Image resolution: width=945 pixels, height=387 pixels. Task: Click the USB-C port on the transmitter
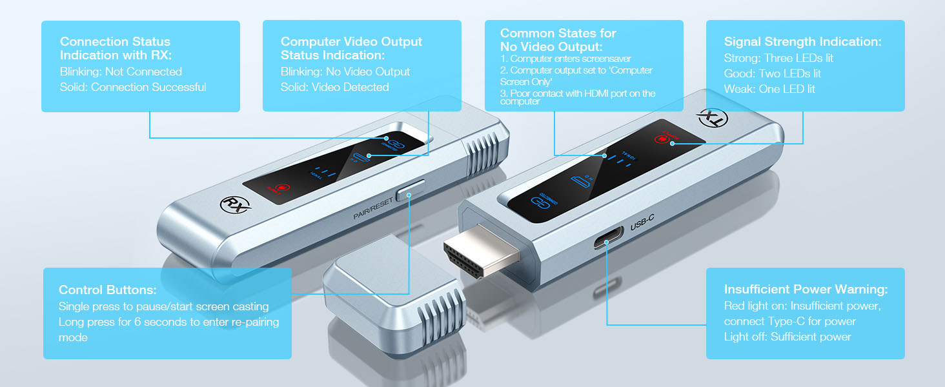607,243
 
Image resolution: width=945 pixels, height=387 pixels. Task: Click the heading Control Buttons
107,290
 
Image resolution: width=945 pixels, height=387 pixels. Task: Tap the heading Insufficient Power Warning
806,289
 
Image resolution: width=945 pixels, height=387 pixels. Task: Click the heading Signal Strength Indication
802,41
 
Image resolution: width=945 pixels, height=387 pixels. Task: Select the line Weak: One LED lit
769,89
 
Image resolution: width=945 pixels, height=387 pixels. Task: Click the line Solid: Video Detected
334,87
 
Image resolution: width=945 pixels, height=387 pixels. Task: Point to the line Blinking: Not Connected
121,72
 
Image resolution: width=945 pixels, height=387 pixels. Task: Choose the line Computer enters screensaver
565,59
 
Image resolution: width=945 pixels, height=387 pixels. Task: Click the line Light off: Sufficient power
787,337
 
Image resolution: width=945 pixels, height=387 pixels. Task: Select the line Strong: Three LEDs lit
778,58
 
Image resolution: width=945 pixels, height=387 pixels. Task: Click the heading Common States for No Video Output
558,40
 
